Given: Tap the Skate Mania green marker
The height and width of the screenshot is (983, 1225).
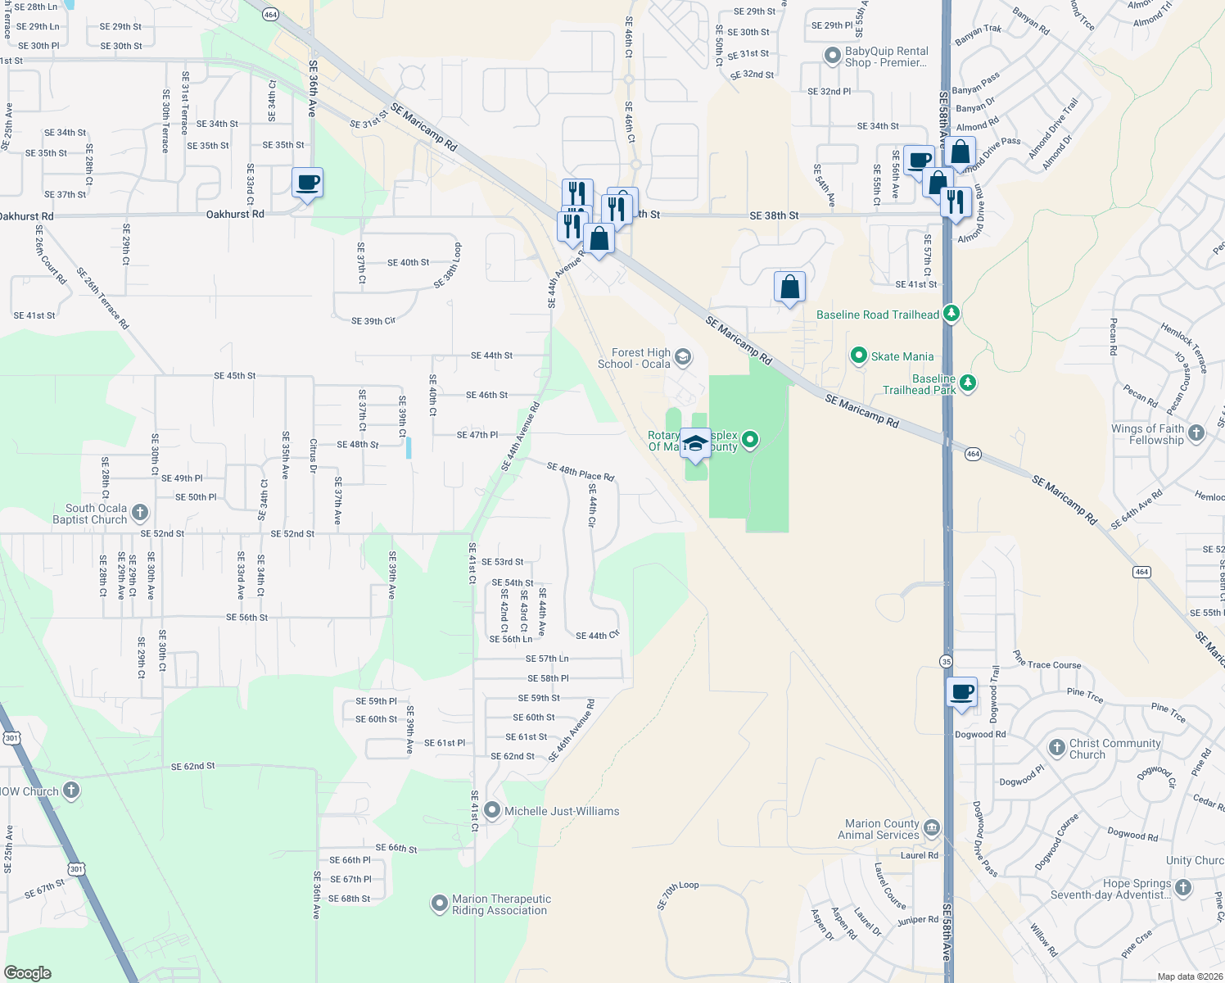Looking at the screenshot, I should click(x=859, y=356).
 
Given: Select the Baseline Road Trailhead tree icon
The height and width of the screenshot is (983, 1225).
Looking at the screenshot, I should click(x=951, y=314).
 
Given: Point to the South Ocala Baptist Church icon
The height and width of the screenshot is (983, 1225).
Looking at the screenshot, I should click(x=140, y=514).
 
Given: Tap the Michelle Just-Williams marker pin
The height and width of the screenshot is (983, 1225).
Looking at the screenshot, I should click(x=492, y=811).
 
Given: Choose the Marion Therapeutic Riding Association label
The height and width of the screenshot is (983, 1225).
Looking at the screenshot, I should click(x=501, y=904).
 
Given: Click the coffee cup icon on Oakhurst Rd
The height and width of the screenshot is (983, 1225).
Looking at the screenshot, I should click(x=307, y=183).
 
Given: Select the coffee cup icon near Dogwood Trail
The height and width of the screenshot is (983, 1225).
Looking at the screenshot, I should click(x=962, y=691).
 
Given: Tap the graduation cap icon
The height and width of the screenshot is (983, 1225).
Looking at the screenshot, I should click(x=695, y=442).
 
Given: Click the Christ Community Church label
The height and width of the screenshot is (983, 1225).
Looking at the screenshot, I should click(x=1114, y=749).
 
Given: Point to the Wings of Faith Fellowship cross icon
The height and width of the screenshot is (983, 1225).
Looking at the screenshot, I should click(x=1196, y=433).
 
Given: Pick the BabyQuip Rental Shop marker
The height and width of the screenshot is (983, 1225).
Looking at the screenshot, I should click(x=833, y=57).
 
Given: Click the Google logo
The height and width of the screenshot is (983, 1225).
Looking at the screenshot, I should click(x=28, y=973).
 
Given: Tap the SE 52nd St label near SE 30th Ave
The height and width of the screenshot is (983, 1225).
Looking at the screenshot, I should click(x=162, y=533).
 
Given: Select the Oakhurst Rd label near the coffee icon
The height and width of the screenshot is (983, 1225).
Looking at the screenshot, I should click(x=235, y=214).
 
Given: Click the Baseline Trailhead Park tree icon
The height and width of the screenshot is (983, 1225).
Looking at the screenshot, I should click(x=968, y=383).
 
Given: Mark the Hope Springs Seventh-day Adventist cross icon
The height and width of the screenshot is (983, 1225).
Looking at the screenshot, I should click(x=1183, y=888).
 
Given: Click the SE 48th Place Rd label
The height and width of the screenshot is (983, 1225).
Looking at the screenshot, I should click(x=581, y=471).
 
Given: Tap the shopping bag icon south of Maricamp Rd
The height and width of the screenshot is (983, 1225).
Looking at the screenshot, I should click(x=789, y=287).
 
